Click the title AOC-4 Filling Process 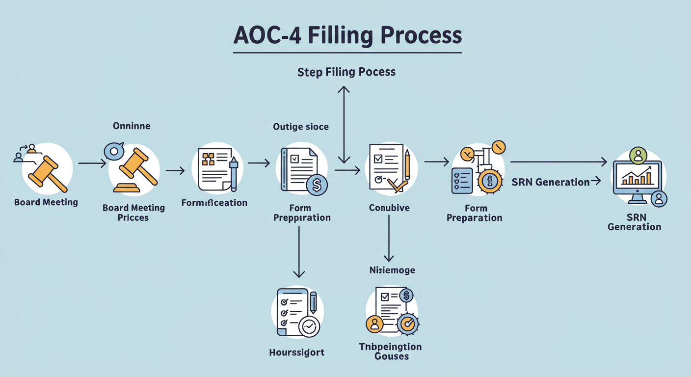point(347,36)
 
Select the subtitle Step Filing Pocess point(346,72)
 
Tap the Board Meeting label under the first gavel point(46,202)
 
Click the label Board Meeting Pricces point(133,213)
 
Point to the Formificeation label point(214,203)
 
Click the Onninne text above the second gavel point(132,126)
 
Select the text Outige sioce point(301,127)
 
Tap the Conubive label point(389,208)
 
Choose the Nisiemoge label point(392,270)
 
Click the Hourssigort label point(297,352)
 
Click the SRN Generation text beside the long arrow point(550,182)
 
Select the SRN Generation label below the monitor point(634,222)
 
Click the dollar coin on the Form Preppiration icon point(317,186)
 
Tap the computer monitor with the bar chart point(637,179)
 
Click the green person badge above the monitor point(638,155)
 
